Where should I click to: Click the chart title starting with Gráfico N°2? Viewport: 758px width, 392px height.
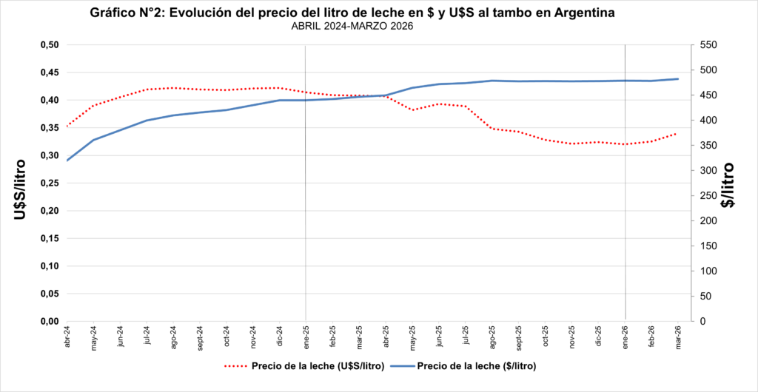[352, 13]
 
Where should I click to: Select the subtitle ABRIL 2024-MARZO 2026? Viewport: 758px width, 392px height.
[352, 27]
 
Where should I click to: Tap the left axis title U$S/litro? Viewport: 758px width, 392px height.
[21, 189]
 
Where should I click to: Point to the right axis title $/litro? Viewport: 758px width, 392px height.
[728, 185]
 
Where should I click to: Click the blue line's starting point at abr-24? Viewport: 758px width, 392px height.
[67, 160]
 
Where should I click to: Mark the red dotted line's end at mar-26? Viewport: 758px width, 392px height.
[677, 134]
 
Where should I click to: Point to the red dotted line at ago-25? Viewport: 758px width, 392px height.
[492, 129]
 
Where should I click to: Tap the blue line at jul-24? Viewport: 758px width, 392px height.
[147, 121]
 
